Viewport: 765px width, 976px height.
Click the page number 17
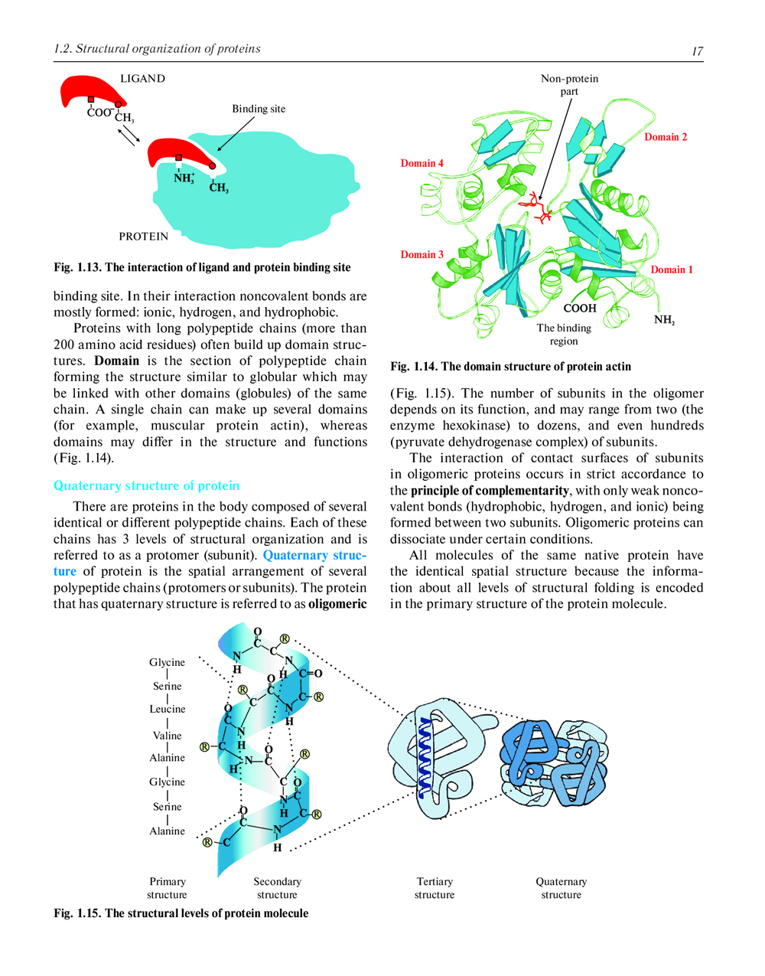pyautogui.click(x=697, y=51)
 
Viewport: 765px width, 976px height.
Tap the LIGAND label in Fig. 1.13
pyautogui.click(x=142, y=79)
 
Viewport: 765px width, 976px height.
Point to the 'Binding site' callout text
pyautogui.click(x=259, y=109)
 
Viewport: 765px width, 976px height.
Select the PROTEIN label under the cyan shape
pyautogui.click(x=143, y=237)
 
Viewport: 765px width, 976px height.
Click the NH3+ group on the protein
pyautogui.click(x=184, y=178)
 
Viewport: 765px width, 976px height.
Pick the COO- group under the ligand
pyautogui.click(x=99, y=113)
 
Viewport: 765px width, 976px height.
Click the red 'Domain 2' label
pyautogui.click(x=666, y=137)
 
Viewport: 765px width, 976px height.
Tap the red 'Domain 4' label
pyautogui.click(x=422, y=163)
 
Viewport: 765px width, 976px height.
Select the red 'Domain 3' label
pyautogui.click(x=422, y=254)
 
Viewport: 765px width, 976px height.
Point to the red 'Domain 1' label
pyautogui.click(x=672, y=269)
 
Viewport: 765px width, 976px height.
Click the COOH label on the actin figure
pyautogui.click(x=579, y=308)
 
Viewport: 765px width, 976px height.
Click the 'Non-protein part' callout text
pyautogui.click(x=569, y=85)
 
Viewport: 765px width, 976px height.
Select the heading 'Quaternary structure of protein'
pyautogui.click(x=146, y=486)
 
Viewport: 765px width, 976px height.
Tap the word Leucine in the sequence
pyautogui.click(x=167, y=709)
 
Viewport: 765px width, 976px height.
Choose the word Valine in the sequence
pyautogui.click(x=167, y=736)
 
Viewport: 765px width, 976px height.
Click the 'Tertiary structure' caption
pyautogui.click(x=435, y=888)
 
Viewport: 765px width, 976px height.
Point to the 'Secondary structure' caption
pyautogui.click(x=277, y=888)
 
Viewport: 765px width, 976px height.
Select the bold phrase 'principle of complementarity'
pyautogui.click(x=490, y=491)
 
